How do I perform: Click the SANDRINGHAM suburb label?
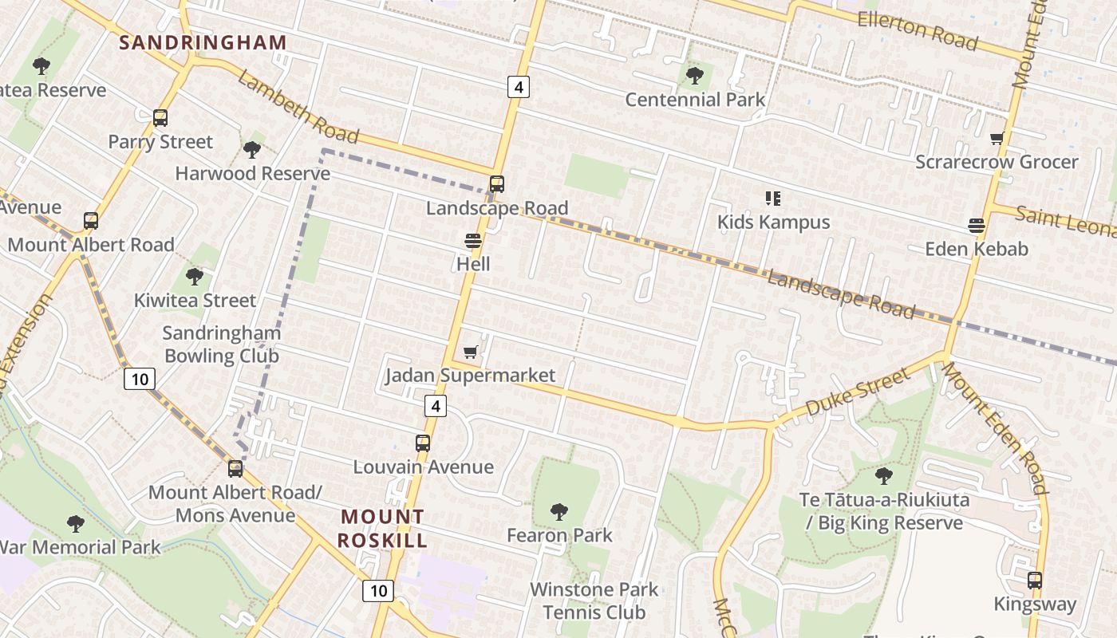(x=203, y=43)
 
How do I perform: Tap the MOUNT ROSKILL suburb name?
(x=382, y=529)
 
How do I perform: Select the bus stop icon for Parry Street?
(x=160, y=118)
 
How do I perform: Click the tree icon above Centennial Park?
(x=695, y=76)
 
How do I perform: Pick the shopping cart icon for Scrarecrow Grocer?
(x=997, y=139)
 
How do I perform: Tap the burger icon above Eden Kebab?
(x=977, y=225)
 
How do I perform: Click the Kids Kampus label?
(x=773, y=222)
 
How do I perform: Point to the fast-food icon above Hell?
(x=473, y=240)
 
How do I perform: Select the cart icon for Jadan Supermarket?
(x=471, y=352)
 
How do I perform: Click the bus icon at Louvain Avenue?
(x=423, y=443)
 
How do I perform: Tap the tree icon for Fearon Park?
(x=559, y=511)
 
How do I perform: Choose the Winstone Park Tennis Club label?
(x=594, y=601)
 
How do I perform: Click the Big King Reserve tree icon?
(x=883, y=476)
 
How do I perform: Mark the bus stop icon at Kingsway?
(x=1035, y=581)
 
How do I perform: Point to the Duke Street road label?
(x=858, y=393)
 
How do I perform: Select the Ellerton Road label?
(x=918, y=30)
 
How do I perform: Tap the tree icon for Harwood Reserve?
(x=252, y=149)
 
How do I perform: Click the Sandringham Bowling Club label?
(x=221, y=344)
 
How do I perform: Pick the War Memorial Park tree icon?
(x=76, y=524)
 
